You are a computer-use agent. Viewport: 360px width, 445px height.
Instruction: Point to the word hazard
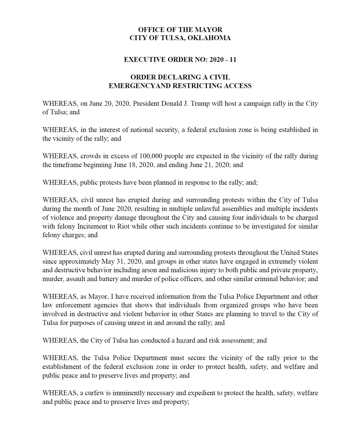(186, 340)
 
